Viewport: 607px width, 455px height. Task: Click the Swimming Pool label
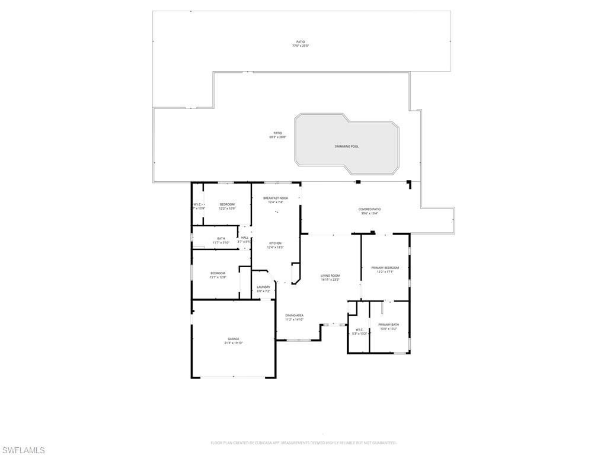[x=346, y=146]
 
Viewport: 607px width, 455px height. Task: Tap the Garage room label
[x=233, y=339]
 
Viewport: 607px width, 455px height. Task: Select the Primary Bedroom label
[x=385, y=268]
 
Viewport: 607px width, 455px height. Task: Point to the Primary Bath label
[x=388, y=325]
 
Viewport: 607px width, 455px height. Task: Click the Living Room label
[x=330, y=275]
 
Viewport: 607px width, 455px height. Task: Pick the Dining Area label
[x=294, y=315]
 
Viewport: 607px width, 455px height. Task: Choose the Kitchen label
[x=275, y=243]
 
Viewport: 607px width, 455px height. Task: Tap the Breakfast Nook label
[x=276, y=198]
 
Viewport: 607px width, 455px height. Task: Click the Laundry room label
[x=263, y=287]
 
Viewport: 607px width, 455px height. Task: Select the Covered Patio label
[x=369, y=209]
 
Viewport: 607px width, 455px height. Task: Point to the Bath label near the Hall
[x=221, y=238]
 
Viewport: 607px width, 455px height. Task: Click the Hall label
[x=245, y=238]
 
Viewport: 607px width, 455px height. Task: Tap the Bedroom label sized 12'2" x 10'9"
[x=227, y=204]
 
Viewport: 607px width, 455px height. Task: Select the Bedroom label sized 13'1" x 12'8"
[x=217, y=273]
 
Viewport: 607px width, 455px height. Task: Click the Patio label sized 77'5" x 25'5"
[x=301, y=41]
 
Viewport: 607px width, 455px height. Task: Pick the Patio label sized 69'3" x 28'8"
[x=277, y=133]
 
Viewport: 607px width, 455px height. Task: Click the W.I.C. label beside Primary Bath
[x=359, y=329]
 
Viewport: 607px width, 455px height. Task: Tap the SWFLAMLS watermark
[x=23, y=451]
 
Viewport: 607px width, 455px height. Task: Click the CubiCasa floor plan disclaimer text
[x=303, y=443]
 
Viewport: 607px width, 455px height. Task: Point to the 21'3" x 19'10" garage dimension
[x=234, y=343]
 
